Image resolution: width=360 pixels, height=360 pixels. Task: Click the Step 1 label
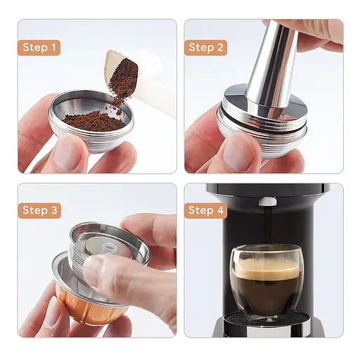point(39,48)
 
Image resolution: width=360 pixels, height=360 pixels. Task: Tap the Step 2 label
point(206,48)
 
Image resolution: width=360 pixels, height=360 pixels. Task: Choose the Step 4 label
point(206,210)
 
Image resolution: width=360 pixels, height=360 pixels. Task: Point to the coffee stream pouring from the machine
point(266,225)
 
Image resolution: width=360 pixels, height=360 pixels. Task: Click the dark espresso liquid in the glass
point(266,288)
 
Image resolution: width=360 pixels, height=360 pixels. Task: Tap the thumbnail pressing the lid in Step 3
point(94,271)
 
